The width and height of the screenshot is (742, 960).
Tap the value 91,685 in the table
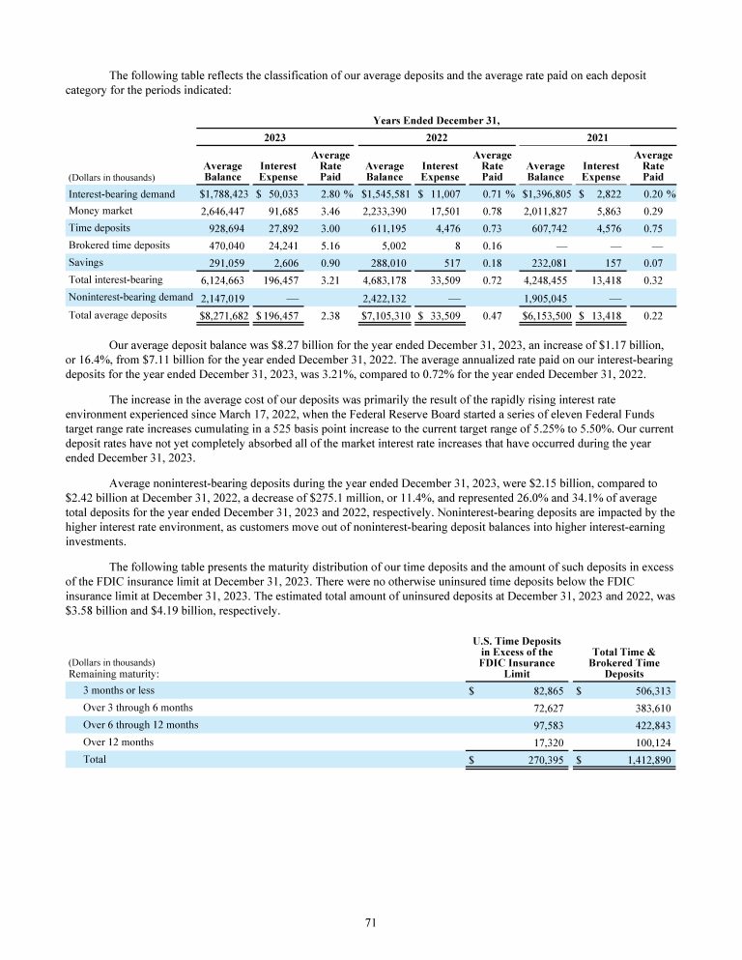280,210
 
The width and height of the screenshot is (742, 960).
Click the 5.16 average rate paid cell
330,245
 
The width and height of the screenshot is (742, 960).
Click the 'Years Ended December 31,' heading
437,120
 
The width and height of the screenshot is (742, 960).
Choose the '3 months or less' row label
118,691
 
